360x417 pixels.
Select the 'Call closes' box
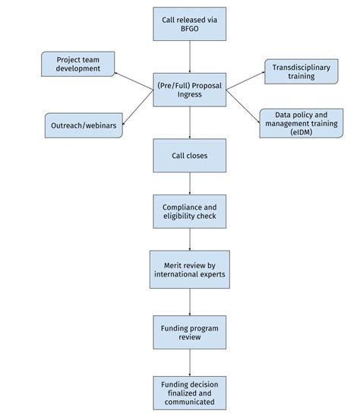(189, 156)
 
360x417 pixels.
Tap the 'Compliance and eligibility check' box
(189, 211)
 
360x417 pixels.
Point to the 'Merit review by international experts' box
(189, 270)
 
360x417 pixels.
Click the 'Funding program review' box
(189, 331)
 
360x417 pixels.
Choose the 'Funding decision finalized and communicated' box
(189, 391)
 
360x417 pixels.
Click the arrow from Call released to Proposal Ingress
(189, 57)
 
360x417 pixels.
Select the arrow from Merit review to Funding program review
(189, 302)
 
